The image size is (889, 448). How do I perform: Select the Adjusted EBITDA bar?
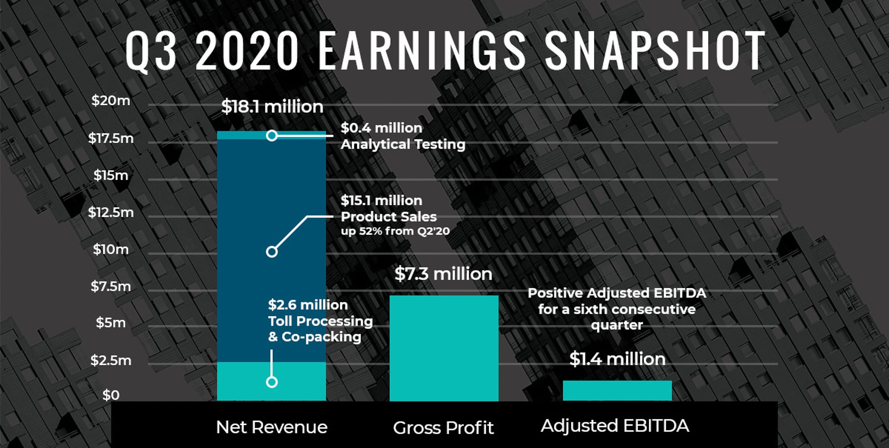(x=617, y=390)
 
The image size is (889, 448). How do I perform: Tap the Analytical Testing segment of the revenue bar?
(x=240, y=135)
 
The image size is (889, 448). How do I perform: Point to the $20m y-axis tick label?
(x=111, y=100)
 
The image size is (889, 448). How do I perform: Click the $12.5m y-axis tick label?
(x=111, y=212)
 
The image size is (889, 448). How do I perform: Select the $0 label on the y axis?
(x=111, y=395)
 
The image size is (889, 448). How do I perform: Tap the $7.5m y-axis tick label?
(x=111, y=286)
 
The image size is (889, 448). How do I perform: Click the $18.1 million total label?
(x=272, y=107)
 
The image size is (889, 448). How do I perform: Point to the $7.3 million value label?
(x=443, y=274)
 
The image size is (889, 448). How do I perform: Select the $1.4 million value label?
(x=617, y=359)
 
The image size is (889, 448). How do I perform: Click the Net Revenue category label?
(x=272, y=427)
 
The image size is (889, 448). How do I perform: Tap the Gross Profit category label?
(x=443, y=428)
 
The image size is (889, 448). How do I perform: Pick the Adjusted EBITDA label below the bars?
(x=615, y=426)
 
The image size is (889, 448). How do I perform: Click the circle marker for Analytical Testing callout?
(x=272, y=136)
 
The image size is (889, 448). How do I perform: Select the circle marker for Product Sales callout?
(x=272, y=252)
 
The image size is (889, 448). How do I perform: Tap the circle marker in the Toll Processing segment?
(x=272, y=382)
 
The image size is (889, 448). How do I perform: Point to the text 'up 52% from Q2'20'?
(x=395, y=231)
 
